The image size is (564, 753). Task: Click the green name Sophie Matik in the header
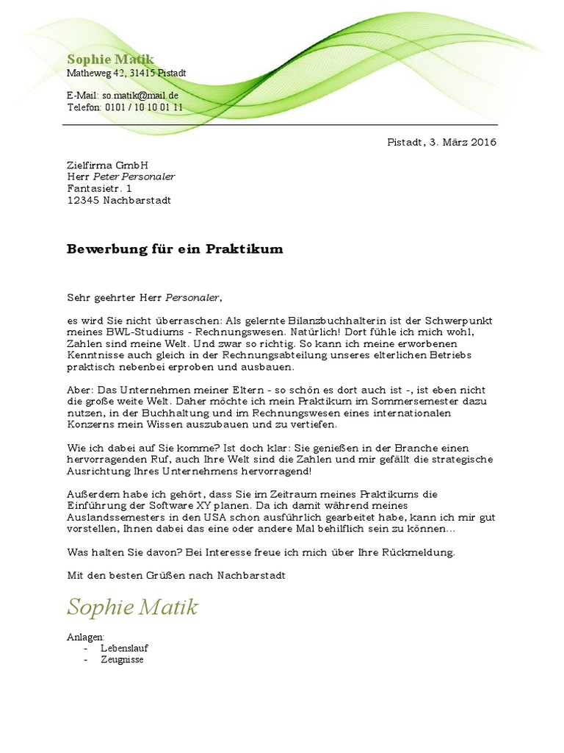pos(110,60)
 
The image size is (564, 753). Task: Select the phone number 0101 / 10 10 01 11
pos(144,107)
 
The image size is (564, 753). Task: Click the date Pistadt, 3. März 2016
pos(441,142)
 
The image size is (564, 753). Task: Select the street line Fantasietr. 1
pos(100,189)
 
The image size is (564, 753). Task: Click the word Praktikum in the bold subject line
pos(246,249)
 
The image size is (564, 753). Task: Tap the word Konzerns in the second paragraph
pos(93,425)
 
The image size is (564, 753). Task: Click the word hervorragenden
pos(109,460)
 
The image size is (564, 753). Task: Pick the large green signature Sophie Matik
pos(132,607)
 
